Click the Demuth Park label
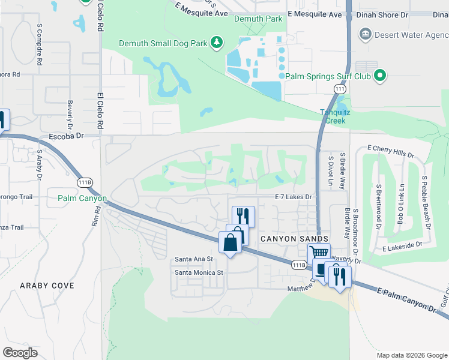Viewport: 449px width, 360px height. pos(258,19)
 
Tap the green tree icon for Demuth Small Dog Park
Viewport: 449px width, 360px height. pos(217,43)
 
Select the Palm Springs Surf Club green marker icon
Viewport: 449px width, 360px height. pos(379,76)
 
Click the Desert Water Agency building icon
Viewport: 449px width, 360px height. pos(364,34)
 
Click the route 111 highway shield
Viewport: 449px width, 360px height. pos(340,89)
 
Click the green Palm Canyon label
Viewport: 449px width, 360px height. pos(82,198)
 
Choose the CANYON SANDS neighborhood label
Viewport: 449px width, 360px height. pos(287,239)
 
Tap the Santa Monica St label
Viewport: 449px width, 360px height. pos(199,272)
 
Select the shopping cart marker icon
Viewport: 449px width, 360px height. pos(319,253)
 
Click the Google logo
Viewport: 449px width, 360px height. pos(20,353)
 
